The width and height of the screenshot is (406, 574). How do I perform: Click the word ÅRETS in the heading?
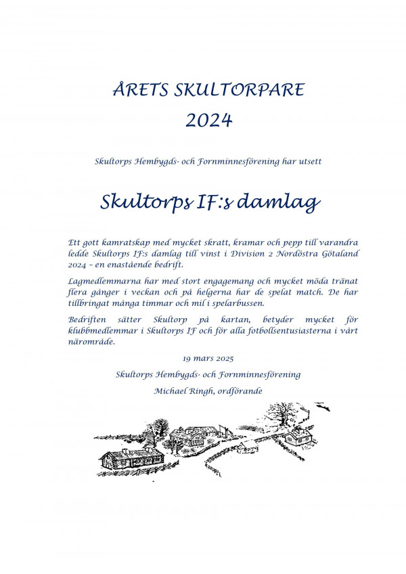coord(133,89)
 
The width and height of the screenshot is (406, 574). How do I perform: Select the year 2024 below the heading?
coord(208,120)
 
